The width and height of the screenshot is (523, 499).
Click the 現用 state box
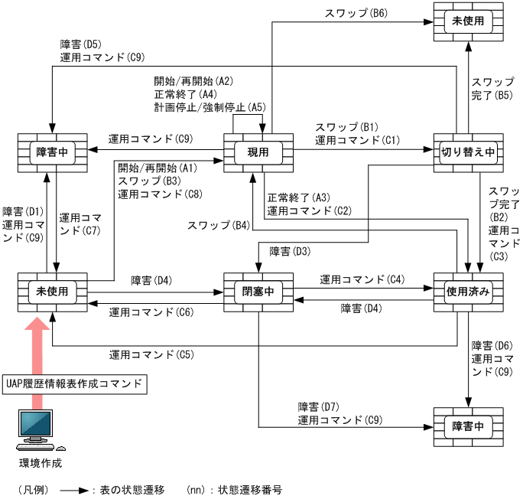(x=258, y=152)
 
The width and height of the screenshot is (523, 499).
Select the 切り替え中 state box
(x=468, y=152)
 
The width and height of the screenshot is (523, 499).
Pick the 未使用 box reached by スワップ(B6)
(x=468, y=21)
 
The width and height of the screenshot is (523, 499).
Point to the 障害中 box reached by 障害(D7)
(x=468, y=426)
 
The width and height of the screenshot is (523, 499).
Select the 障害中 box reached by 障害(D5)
(x=52, y=152)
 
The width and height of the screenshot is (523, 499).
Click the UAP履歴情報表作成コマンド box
(x=73, y=383)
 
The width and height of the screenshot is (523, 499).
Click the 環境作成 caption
(x=40, y=463)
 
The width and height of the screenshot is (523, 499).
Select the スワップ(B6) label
(x=353, y=13)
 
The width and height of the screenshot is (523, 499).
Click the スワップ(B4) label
(x=219, y=225)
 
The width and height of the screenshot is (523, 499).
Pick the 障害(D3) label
(x=290, y=251)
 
